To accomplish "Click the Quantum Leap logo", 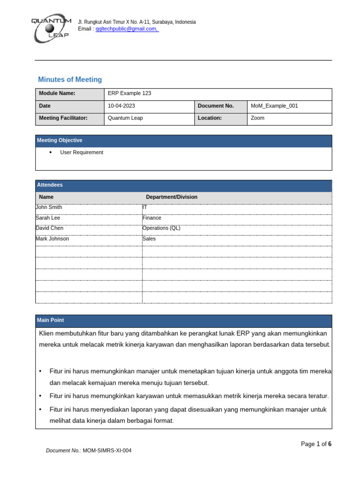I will pos(51,29).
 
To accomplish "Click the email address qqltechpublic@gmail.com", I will pos(126,29).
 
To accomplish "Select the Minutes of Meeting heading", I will pos(70,80).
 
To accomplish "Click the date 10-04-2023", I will pos(119,106).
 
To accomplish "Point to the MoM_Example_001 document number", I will pos(274,106).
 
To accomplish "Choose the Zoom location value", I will pos(257,118).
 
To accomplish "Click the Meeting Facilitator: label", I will pos(63,118).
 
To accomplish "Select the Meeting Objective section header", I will pos(60,141).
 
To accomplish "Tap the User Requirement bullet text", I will pos(82,152).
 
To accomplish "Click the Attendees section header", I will pos(50,185).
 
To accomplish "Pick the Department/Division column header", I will pos(172,197).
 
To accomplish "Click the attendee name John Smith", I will pos(49,207).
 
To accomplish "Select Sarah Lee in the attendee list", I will pos(48,218).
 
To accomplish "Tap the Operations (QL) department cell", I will pos(161,228).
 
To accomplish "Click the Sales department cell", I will pos(149,239).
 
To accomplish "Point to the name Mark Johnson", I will pos(52,239).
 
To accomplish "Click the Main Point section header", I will pos(51,320).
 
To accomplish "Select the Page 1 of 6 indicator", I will pos(316,444).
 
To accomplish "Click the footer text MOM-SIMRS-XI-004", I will pos(107,451).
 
